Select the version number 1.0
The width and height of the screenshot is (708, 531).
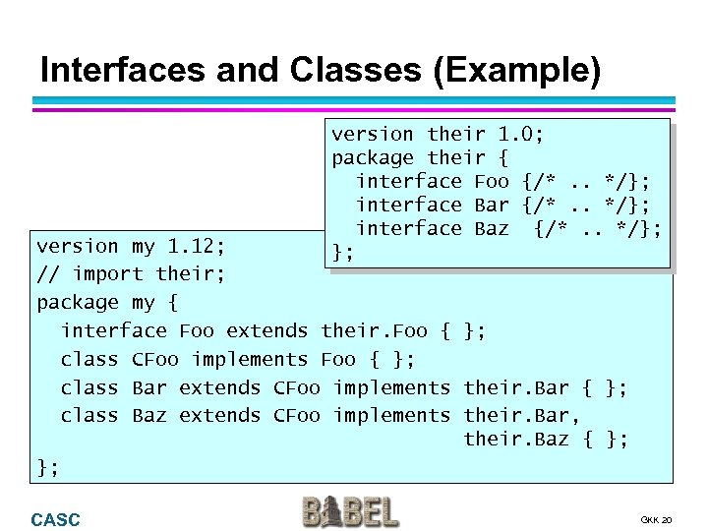(x=522, y=134)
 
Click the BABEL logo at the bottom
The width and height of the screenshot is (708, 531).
(x=350, y=512)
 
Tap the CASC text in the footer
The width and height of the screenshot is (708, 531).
(x=55, y=520)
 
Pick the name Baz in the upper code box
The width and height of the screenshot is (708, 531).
(x=492, y=228)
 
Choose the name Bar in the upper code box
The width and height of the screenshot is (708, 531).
(x=492, y=205)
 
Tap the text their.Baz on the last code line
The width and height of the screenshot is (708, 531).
(x=516, y=439)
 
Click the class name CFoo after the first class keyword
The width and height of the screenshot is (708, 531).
(x=155, y=360)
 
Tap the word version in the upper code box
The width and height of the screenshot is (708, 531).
(x=373, y=134)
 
